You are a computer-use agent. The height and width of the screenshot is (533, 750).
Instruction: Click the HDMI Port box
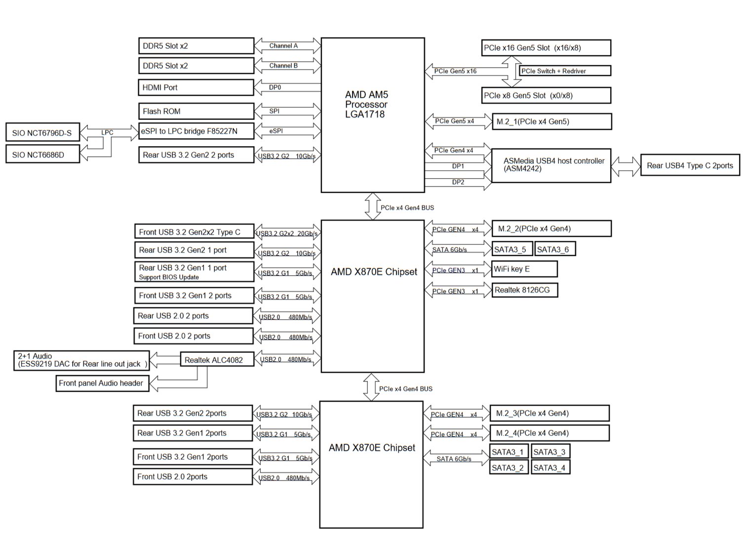click(195, 87)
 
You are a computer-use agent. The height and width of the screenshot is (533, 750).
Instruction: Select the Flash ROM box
click(195, 111)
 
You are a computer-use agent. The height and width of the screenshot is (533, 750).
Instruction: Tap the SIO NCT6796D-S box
click(42, 133)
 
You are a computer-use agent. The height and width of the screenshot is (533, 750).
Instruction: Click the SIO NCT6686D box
click(42, 154)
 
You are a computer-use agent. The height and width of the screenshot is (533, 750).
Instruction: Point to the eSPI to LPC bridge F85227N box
click(196, 131)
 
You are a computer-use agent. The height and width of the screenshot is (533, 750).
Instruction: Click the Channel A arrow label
click(283, 46)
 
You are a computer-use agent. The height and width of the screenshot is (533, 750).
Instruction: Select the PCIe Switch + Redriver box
click(564, 71)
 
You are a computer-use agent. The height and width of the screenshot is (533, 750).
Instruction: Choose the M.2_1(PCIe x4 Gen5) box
click(552, 121)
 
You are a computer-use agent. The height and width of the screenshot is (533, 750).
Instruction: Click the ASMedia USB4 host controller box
click(551, 165)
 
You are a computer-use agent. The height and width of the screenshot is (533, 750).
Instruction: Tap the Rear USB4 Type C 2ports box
click(690, 165)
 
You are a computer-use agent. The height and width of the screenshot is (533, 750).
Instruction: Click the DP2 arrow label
click(458, 182)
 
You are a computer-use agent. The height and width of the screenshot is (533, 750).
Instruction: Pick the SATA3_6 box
click(554, 249)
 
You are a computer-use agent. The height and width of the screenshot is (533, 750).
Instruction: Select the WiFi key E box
click(524, 269)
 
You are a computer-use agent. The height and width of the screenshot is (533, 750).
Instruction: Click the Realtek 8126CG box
click(525, 290)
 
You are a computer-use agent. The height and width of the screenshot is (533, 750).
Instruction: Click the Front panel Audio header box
click(102, 383)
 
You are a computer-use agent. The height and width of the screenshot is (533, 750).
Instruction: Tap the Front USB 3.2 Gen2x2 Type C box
click(194, 232)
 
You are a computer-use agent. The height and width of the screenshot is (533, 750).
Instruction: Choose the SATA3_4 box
click(551, 467)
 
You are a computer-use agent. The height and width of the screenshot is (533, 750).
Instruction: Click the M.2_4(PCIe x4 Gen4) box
click(549, 433)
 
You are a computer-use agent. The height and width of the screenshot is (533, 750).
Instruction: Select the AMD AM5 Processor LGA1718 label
click(366, 105)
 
